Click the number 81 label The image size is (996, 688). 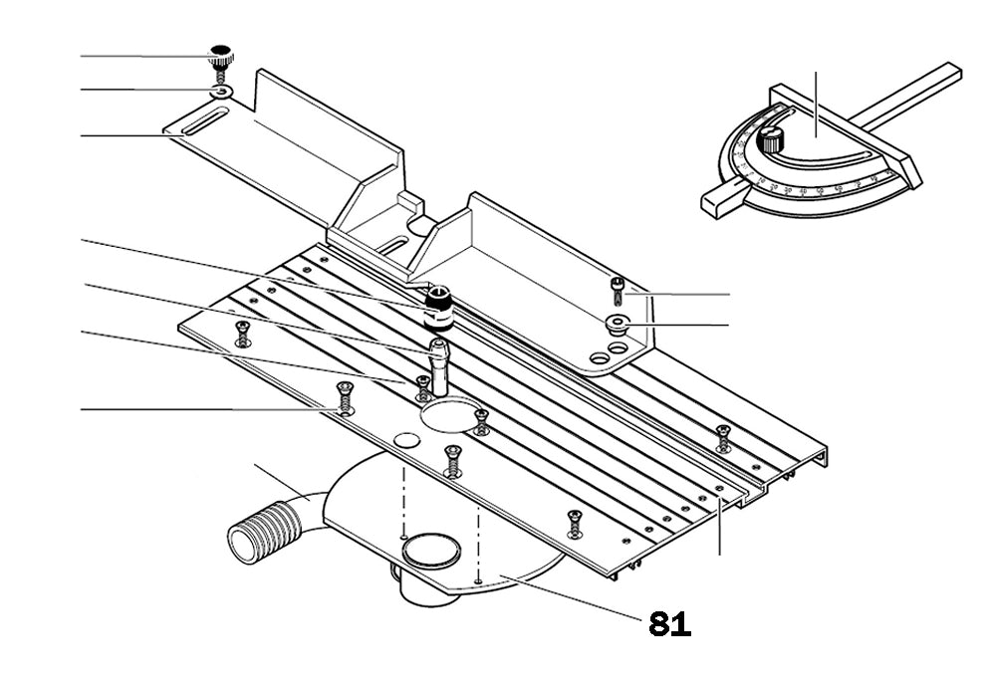click(x=669, y=624)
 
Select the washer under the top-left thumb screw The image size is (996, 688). click(x=221, y=93)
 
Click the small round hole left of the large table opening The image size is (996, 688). click(x=404, y=440)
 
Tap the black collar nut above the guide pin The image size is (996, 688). click(x=438, y=303)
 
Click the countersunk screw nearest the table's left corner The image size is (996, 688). click(x=240, y=332)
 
